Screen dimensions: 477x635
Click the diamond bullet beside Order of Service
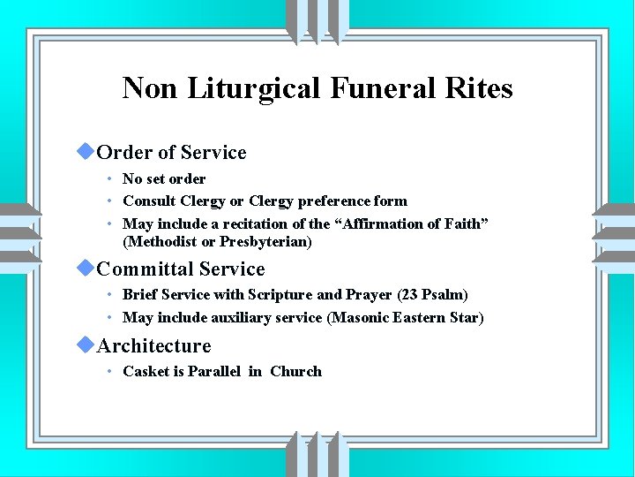tap(85, 151)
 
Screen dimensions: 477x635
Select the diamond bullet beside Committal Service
tap(85, 268)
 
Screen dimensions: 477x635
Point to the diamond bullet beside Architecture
tap(85, 344)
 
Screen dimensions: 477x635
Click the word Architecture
tap(154, 345)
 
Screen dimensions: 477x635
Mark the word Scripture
tap(280, 294)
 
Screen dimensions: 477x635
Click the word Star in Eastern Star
tap(464, 317)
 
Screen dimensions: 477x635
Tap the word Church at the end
tap(296, 371)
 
